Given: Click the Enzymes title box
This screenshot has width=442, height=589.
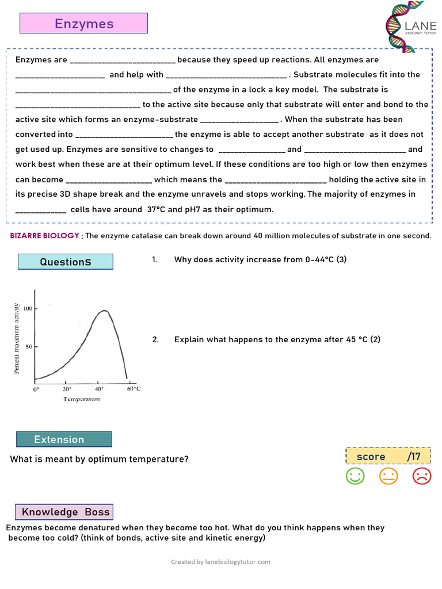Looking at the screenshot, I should [84, 24].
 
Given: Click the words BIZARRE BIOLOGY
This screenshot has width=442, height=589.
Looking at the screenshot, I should [45, 236].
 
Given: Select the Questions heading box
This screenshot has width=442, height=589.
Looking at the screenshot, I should [65, 262].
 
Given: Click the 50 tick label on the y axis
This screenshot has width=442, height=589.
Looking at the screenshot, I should [27, 347].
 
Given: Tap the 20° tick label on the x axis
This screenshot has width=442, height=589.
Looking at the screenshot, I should [67, 388].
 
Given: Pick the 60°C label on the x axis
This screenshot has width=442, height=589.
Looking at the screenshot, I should [133, 388].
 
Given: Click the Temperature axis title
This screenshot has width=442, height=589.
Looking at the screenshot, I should [82, 399].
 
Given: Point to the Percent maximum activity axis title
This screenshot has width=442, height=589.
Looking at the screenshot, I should [17, 338].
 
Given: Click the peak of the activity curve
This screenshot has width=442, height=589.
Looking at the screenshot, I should [104, 311].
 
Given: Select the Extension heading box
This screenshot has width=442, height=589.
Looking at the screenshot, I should [64, 439].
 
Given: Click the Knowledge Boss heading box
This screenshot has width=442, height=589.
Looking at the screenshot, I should [64, 512].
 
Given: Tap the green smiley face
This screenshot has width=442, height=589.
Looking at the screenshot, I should [355, 476].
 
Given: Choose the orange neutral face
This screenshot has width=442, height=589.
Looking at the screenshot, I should [388, 476].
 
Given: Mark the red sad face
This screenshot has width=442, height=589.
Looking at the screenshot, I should [422, 476].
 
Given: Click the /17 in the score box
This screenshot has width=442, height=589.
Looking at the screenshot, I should [414, 457].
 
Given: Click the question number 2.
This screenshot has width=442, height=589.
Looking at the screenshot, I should [155, 339].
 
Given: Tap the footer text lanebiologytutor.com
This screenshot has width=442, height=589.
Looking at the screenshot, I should [238, 562].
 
